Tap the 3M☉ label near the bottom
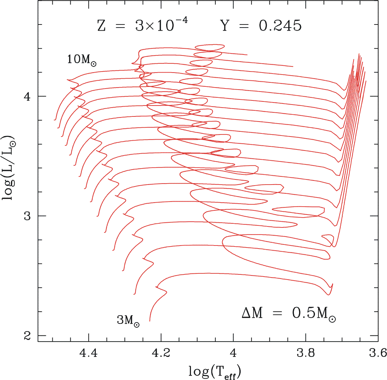[x=128, y=320]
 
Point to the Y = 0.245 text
[x=261, y=26]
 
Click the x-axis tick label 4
[x=233, y=353]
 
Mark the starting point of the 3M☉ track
[x=149, y=321]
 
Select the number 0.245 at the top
[x=280, y=26]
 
